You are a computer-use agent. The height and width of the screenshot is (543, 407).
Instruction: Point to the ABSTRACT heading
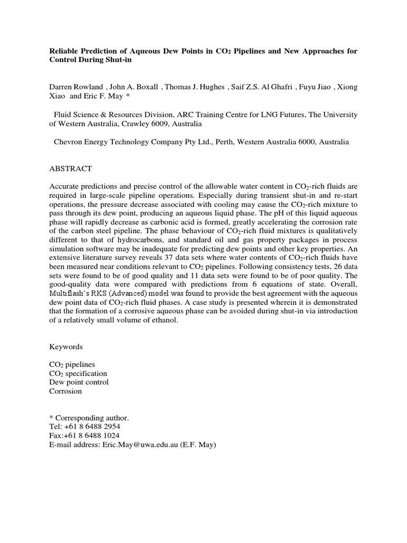[x=70, y=169]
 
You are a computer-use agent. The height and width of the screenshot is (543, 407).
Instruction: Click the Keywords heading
[x=66, y=346]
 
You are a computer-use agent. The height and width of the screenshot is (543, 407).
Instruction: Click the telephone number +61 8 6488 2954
[x=91, y=427]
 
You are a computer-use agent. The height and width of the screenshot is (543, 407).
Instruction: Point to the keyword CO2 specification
[x=78, y=373]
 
